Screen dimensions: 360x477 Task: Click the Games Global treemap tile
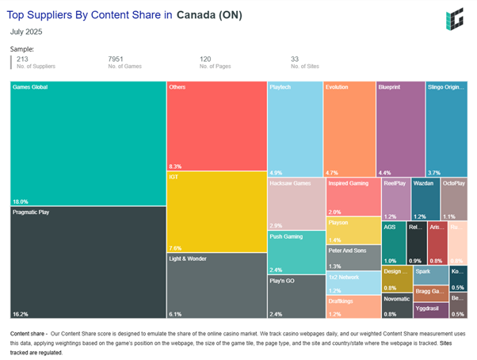(x=87, y=143)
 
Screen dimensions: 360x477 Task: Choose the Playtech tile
(x=294, y=127)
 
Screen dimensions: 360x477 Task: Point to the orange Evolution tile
(x=349, y=127)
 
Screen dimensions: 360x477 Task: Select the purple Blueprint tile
(x=400, y=127)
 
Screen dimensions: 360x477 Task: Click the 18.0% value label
(x=21, y=201)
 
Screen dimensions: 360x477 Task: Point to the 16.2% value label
(x=21, y=314)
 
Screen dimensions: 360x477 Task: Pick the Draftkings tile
(x=352, y=306)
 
